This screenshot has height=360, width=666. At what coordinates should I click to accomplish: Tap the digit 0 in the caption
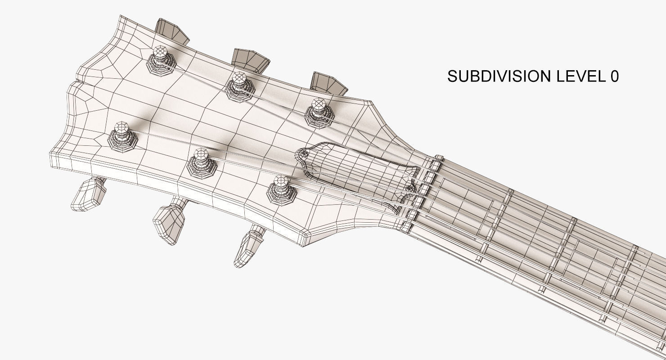[x=614, y=76]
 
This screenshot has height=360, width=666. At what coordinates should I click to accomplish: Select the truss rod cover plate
[x=355, y=171]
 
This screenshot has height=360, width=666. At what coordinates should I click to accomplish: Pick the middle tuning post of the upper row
[x=239, y=80]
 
